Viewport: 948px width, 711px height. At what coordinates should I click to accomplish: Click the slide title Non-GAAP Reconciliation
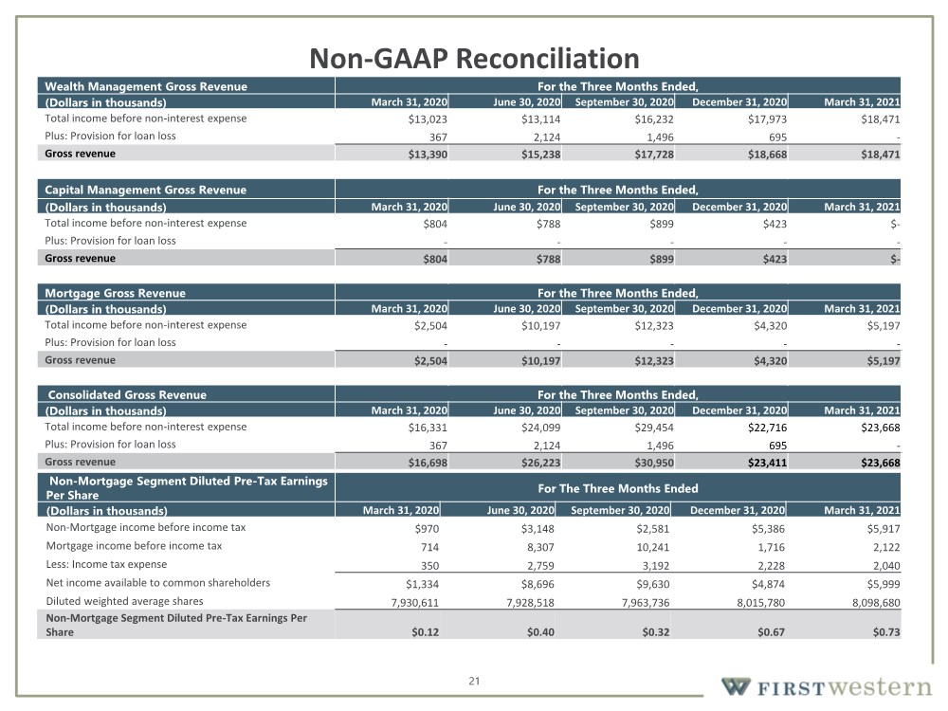click(x=474, y=59)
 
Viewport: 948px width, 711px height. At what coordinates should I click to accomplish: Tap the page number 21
click(x=474, y=681)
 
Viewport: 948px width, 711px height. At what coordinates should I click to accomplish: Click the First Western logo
click(x=827, y=686)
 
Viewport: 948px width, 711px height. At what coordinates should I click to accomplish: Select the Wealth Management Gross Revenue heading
click(x=146, y=86)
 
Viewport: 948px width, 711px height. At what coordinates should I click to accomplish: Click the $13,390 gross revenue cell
click(x=428, y=155)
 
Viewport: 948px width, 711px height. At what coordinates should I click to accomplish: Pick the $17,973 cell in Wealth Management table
click(x=767, y=119)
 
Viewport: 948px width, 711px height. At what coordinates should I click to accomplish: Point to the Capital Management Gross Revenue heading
click(x=146, y=190)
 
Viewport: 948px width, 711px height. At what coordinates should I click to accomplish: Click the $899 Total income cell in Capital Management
click(x=662, y=224)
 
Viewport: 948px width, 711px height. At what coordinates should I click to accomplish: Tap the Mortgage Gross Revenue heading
click(x=115, y=293)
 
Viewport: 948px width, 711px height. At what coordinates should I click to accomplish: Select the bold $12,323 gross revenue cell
click(x=653, y=361)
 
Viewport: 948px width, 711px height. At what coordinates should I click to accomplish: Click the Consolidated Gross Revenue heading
click(x=127, y=394)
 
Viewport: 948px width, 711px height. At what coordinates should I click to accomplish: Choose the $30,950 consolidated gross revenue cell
click(x=653, y=463)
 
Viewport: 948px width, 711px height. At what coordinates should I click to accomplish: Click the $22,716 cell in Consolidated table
click(x=767, y=428)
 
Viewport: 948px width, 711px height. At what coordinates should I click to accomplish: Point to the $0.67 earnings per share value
click(x=771, y=631)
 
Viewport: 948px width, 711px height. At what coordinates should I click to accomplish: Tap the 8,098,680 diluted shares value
click(x=875, y=603)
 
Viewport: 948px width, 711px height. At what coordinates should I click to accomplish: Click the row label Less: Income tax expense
click(x=106, y=564)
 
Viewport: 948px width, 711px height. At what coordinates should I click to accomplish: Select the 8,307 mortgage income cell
click(x=540, y=547)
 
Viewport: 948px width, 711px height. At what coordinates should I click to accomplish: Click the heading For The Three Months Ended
click(x=618, y=488)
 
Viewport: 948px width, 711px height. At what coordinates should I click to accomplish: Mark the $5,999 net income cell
click(x=884, y=585)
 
